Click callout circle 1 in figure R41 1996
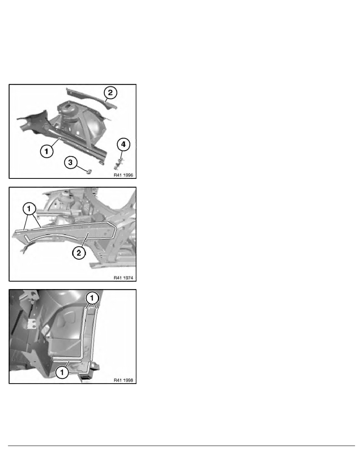pyautogui.click(x=46, y=151)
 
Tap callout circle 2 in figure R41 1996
pyautogui.click(x=110, y=93)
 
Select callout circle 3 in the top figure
pyautogui.click(x=71, y=162)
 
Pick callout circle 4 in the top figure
pyautogui.click(x=123, y=144)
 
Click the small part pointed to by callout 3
pyautogui.click(x=89, y=171)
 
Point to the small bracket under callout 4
pyautogui.click(x=119, y=163)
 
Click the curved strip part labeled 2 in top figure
pyautogui.click(x=91, y=98)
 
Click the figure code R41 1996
pyautogui.click(x=123, y=175)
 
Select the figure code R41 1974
pyautogui.click(x=123, y=278)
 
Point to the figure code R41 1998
pyautogui.click(x=123, y=380)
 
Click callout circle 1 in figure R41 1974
pyautogui.click(x=29, y=209)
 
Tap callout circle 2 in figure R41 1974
pyautogui.click(x=79, y=253)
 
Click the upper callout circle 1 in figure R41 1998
pyautogui.click(x=92, y=297)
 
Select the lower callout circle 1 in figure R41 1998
pyautogui.click(x=62, y=372)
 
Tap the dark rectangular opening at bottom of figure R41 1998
pyautogui.click(x=85, y=378)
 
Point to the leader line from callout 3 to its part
pyautogui.click(x=82, y=167)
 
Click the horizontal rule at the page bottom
pyautogui.click(x=181, y=446)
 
